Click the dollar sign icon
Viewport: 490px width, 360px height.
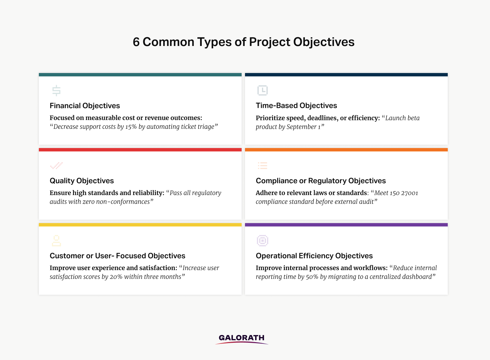[x=56, y=90]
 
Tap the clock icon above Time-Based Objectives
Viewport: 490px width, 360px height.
[x=263, y=90]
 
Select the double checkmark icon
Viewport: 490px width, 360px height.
[x=56, y=166]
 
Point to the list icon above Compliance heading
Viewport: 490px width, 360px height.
[x=263, y=166]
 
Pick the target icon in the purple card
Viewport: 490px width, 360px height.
[x=263, y=241]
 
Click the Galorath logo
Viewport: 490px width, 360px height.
[x=242, y=339]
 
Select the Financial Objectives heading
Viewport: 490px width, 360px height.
[x=85, y=106]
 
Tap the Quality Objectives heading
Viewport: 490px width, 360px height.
[x=81, y=181]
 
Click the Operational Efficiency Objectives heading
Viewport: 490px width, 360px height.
[x=314, y=256]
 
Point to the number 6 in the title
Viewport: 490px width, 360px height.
[x=136, y=42]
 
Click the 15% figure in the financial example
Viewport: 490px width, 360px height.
[x=131, y=127]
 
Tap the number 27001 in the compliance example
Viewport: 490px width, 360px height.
[x=410, y=193]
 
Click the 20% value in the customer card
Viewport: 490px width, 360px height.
[x=116, y=277]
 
